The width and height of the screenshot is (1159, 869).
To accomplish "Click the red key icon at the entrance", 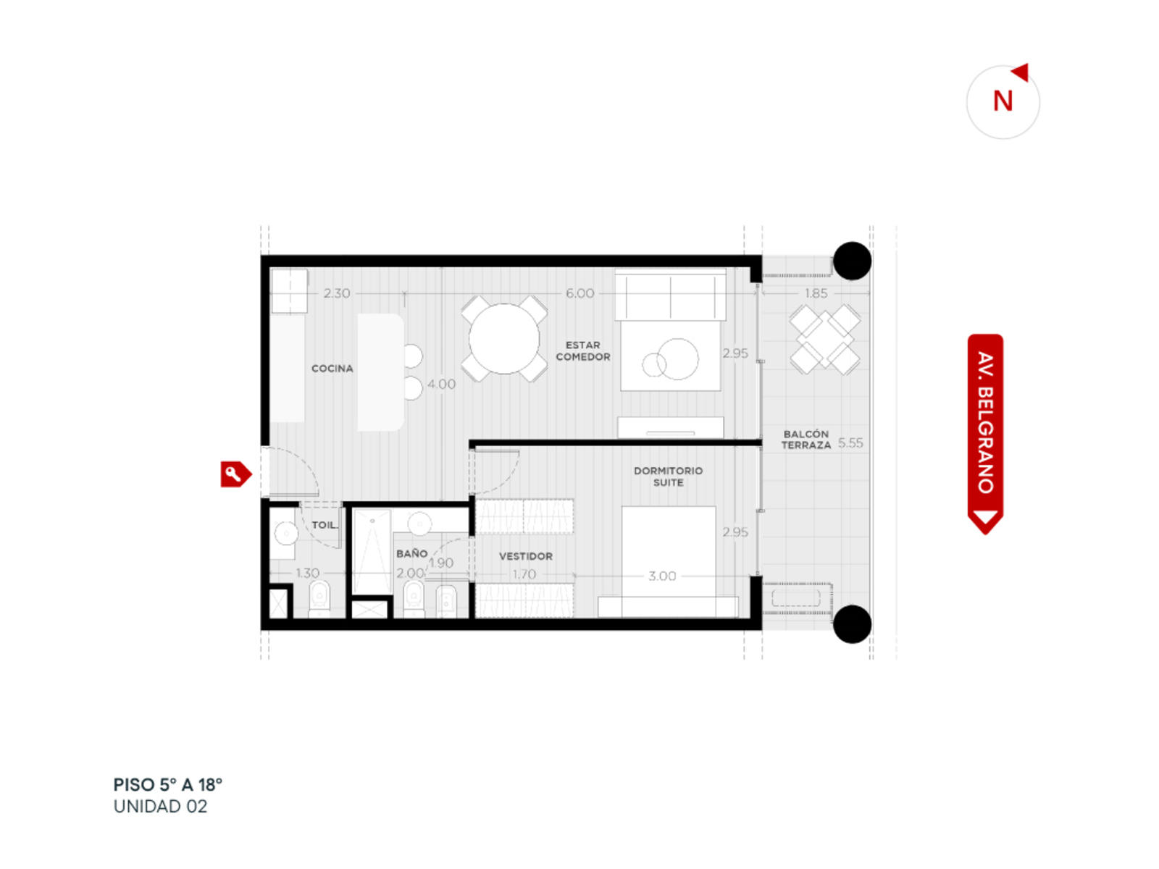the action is pyautogui.click(x=235, y=474).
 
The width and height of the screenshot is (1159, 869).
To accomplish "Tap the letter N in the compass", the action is pyautogui.click(x=1003, y=101).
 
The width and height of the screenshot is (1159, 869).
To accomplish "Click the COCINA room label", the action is pyautogui.click(x=332, y=369).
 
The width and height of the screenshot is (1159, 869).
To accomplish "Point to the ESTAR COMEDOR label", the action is pyautogui.click(x=582, y=351).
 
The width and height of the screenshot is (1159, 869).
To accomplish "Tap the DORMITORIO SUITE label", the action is pyautogui.click(x=668, y=477).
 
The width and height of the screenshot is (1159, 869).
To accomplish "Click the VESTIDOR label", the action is pyautogui.click(x=526, y=556).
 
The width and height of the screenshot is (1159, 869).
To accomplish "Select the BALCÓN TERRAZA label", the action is pyautogui.click(x=806, y=439).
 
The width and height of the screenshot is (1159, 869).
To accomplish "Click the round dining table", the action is pyautogui.click(x=503, y=338).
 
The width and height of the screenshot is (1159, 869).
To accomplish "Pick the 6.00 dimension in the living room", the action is pyautogui.click(x=579, y=293).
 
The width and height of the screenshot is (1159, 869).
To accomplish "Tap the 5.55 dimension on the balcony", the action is pyautogui.click(x=850, y=442).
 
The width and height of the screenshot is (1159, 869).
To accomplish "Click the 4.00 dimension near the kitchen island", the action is pyautogui.click(x=441, y=384).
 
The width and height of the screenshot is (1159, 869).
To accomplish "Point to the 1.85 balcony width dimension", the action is pyautogui.click(x=816, y=293).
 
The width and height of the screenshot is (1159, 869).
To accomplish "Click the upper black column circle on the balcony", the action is pyautogui.click(x=852, y=261).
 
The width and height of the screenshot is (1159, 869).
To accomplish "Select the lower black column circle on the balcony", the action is pyautogui.click(x=852, y=624).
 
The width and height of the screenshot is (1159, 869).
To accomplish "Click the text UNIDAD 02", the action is pyautogui.click(x=161, y=807).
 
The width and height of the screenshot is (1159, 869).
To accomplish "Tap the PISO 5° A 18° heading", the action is pyautogui.click(x=168, y=785).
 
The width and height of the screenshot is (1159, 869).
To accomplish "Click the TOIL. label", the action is pyautogui.click(x=325, y=525).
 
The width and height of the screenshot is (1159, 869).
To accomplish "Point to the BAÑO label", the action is pyautogui.click(x=412, y=553).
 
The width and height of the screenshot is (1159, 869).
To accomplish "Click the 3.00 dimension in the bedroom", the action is pyautogui.click(x=662, y=576).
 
